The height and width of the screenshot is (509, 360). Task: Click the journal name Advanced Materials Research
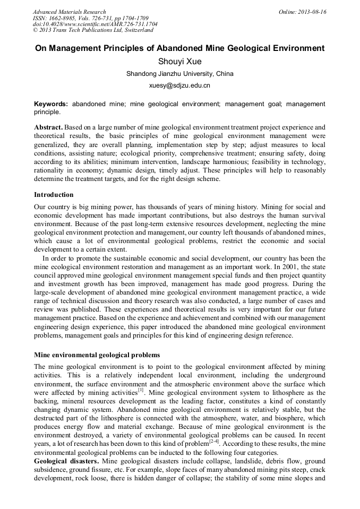click(69, 12)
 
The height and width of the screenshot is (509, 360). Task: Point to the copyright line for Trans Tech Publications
click(85, 30)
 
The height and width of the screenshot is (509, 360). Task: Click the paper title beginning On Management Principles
click(179, 48)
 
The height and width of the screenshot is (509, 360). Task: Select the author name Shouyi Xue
click(179, 62)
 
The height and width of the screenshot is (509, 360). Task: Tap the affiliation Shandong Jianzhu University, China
click(179, 74)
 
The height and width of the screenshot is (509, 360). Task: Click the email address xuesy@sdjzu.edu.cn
click(179, 85)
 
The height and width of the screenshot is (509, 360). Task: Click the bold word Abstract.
click(48, 127)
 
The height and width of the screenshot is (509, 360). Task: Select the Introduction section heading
click(54, 195)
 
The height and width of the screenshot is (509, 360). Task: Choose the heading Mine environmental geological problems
click(97, 355)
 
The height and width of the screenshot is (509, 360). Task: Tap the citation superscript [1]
click(141, 390)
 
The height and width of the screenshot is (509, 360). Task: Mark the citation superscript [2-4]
click(215, 442)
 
